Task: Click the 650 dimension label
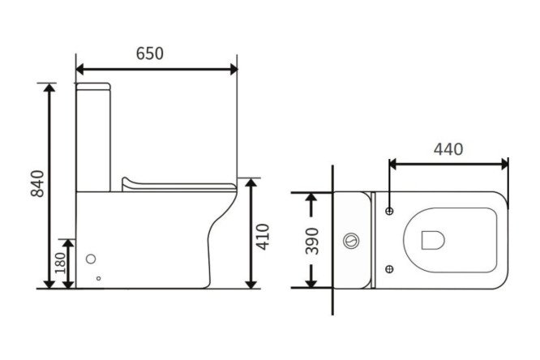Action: coord(149,54)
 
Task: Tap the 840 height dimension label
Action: coord(37,183)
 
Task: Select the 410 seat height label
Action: coord(263,237)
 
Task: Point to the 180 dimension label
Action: coord(60,263)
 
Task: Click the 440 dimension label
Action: coord(448,149)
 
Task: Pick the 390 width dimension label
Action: coord(312,241)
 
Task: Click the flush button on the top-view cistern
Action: coord(351,241)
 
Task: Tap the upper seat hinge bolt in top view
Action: coord(389,211)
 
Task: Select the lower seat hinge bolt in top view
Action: coord(389,268)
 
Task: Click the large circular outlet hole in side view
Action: coord(91,259)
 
